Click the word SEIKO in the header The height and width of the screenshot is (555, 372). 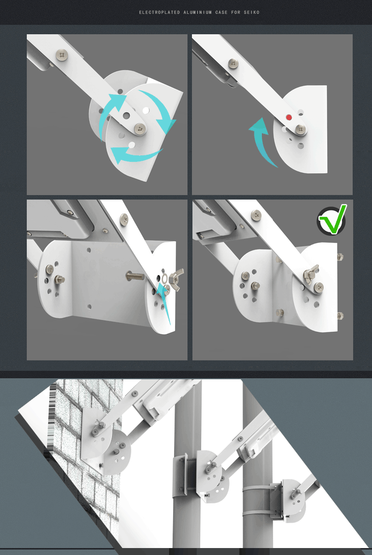tap(251, 12)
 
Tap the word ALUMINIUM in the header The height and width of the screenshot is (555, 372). tap(198, 12)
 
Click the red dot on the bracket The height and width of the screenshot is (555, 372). tap(289, 118)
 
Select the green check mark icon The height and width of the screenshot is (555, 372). tap(332, 220)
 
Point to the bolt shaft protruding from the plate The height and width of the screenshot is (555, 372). tap(135, 276)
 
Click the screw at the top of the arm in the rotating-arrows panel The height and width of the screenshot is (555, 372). tap(62, 55)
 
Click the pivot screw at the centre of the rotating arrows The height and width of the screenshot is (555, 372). tap(140, 129)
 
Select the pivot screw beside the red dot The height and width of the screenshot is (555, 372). tap(301, 130)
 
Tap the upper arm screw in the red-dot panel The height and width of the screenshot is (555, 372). tap(233, 64)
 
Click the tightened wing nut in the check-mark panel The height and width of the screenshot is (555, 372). tap(310, 274)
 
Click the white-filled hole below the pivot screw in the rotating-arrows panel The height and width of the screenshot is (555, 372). tap(132, 145)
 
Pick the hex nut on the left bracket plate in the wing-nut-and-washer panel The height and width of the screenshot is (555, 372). tap(59, 279)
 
